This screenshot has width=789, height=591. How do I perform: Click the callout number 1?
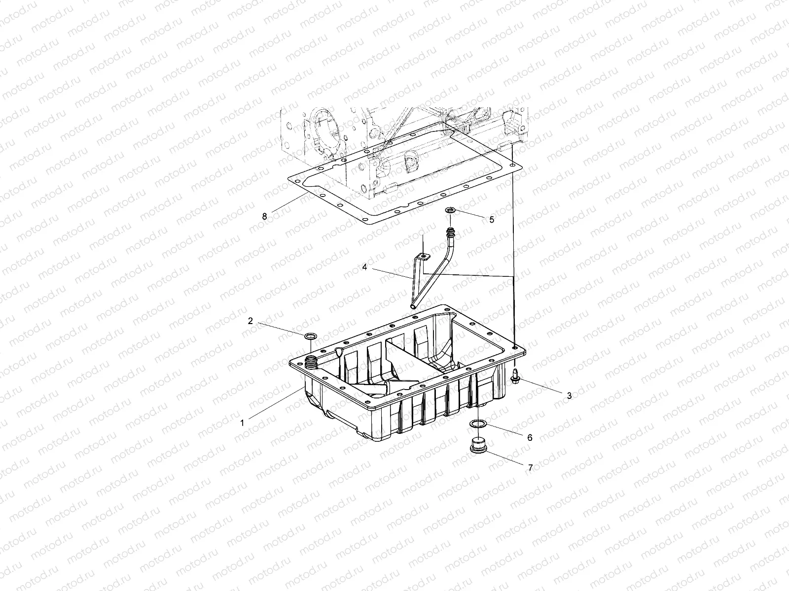242,422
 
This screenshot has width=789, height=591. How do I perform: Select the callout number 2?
251,321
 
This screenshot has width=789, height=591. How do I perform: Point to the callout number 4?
364,267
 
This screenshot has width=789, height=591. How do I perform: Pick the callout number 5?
491,220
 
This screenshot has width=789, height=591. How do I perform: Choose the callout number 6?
530,437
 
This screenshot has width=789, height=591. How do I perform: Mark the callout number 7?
531,468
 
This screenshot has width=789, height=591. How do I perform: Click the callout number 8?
264,216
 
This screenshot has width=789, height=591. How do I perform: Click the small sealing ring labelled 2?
310,336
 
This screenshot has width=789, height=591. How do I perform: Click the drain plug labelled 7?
476,445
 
